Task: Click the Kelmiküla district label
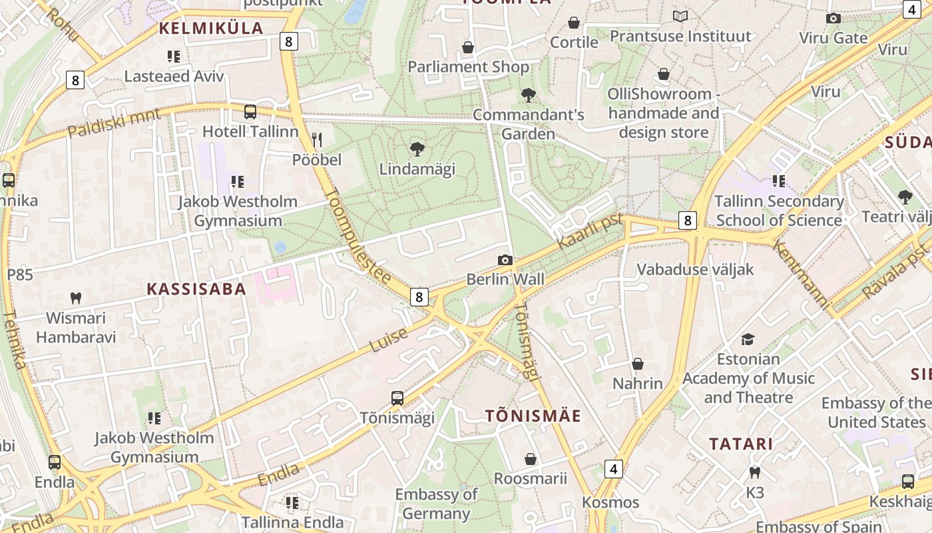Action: click(x=211, y=29)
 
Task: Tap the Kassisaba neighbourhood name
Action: click(x=196, y=288)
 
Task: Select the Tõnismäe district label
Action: click(x=533, y=416)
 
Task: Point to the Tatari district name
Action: click(x=740, y=444)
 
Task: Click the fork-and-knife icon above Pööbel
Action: click(x=317, y=139)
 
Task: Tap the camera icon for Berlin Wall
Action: click(x=505, y=260)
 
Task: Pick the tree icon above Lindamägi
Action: click(x=417, y=149)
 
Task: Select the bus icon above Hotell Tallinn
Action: click(x=250, y=112)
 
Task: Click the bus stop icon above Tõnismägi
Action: click(x=397, y=398)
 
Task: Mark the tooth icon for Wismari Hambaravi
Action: click(x=76, y=298)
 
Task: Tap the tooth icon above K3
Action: click(x=755, y=472)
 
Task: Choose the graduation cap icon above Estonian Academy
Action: click(x=748, y=339)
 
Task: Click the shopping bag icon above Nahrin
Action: click(x=638, y=364)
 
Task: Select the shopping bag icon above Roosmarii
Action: click(x=531, y=459)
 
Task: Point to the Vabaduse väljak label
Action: click(x=695, y=269)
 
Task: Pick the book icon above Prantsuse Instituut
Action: click(x=680, y=16)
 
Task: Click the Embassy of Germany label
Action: click(x=436, y=504)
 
